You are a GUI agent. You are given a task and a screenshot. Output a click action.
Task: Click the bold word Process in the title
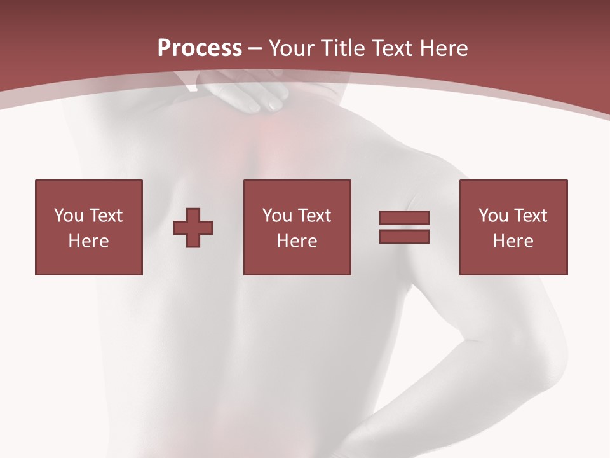(200, 48)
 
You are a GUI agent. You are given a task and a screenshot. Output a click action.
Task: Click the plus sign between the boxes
(193, 228)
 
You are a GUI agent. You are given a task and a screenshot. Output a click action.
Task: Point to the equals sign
(404, 227)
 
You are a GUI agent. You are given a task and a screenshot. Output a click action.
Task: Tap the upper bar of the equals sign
(404, 218)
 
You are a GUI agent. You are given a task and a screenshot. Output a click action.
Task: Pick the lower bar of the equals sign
(404, 236)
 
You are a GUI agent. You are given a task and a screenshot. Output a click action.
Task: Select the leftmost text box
(89, 227)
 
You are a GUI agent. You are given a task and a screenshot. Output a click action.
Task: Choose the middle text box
(297, 227)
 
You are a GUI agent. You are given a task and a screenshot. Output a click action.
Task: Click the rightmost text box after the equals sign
(513, 227)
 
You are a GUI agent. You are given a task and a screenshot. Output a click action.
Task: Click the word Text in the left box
(105, 216)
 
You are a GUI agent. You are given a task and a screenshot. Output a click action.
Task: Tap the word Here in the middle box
(297, 241)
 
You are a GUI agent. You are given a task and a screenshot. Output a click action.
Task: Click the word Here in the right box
(513, 241)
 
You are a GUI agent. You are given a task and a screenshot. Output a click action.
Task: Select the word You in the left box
(69, 216)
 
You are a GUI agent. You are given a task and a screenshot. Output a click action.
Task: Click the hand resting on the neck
(254, 92)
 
